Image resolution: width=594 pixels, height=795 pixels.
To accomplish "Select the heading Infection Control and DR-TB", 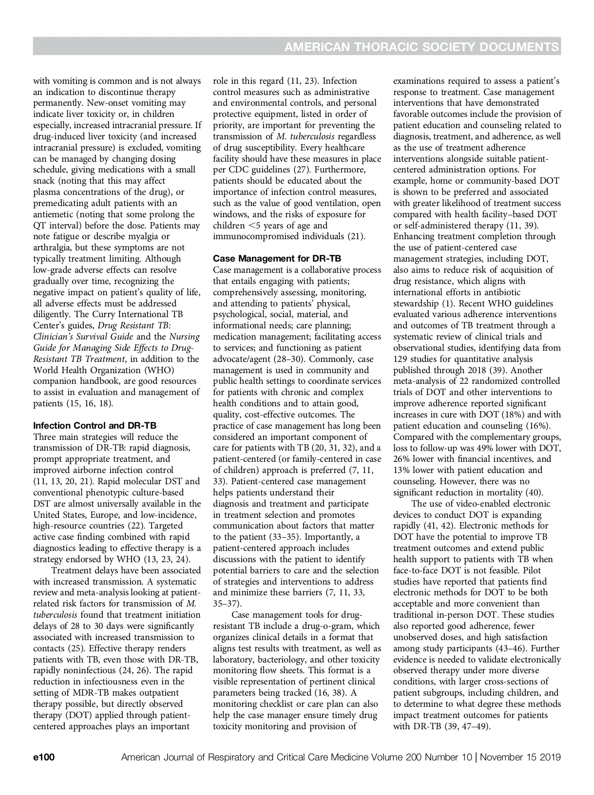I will pyautogui.click(x=95, y=426).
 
